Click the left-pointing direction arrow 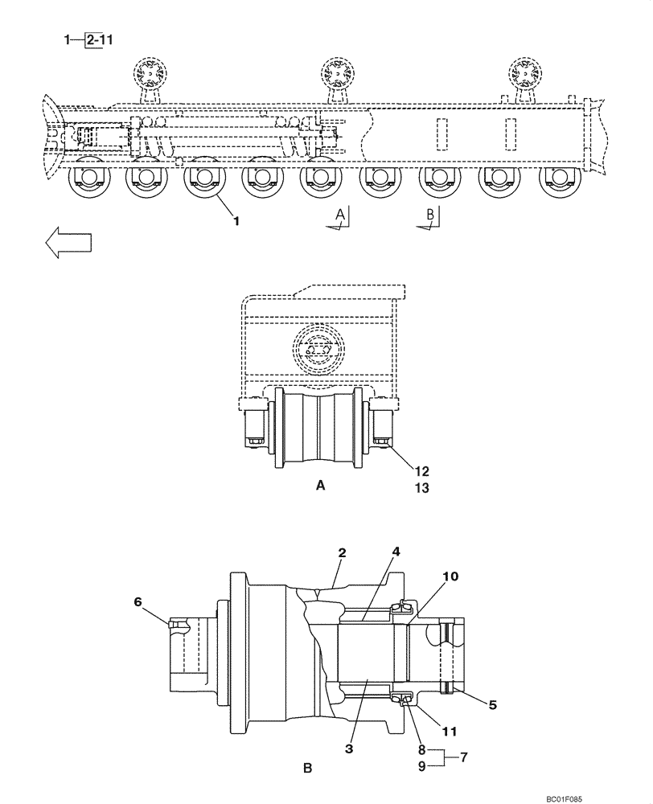pyautogui.click(x=68, y=242)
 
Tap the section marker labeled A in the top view pyautogui.click(x=341, y=215)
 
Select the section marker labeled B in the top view pyautogui.click(x=430, y=215)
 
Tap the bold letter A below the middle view pyautogui.click(x=321, y=486)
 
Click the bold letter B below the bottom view pyautogui.click(x=307, y=769)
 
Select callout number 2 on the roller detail pyautogui.click(x=342, y=553)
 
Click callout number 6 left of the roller pyautogui.click(x=138, y=601)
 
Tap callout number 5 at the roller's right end pyautogui.click(x=493, y=705)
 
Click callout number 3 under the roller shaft pyautogui.click(x=348, y=749)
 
